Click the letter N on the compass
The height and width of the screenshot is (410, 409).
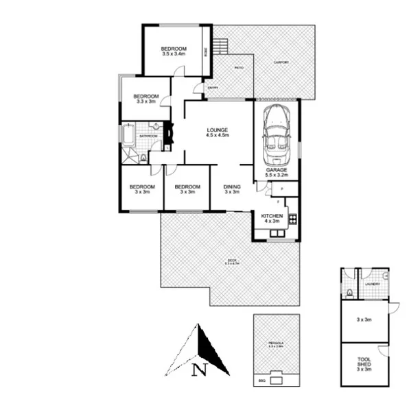click(199, 371)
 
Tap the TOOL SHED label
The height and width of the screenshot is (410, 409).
click(364, 364)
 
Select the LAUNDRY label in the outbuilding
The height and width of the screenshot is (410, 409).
click(373, 284)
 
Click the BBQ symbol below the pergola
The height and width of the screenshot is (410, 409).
click(277, 378)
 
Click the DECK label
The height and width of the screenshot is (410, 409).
click(231, 261)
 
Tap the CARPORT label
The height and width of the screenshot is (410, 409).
click(281, 62)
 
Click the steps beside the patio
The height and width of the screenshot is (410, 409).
click(220, 47)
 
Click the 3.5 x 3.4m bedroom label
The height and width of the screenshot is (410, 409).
click(174, 51)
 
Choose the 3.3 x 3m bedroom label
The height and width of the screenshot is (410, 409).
click(146, 99)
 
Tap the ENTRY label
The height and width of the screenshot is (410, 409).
click(213, 87)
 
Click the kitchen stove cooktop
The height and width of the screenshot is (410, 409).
click(292, 220)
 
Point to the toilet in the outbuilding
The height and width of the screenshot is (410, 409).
click(350, 293)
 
